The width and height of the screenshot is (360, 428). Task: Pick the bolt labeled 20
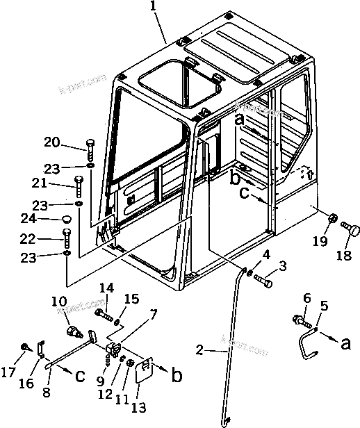point(90,150)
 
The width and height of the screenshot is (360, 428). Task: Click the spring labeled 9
point(108,359)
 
